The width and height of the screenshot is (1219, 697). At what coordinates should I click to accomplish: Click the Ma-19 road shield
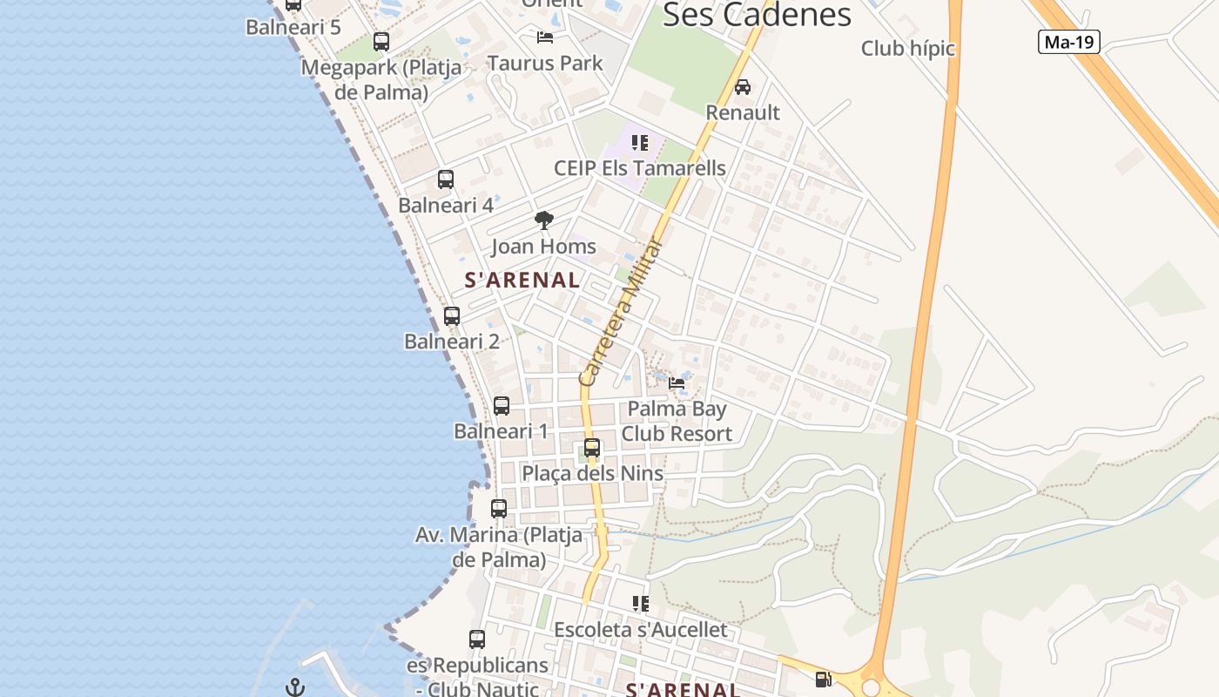point(1068,41)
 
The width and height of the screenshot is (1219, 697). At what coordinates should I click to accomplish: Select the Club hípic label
point(907,49)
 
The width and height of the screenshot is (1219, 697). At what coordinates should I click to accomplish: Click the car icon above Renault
point(743,87)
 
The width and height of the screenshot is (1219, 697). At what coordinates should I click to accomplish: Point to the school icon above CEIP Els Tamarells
point(640,143)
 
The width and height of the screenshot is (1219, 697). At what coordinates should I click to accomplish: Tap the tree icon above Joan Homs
point(544,220)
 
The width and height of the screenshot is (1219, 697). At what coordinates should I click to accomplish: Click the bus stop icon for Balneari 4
point(446,179)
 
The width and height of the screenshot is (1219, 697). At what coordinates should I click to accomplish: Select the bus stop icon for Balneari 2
point(452,316)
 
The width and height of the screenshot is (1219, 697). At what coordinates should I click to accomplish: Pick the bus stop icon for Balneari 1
point(502,405)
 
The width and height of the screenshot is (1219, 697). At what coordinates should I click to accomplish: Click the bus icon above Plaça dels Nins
point(592,448)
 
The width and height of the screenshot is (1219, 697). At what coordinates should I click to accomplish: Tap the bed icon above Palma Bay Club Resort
point(677,382)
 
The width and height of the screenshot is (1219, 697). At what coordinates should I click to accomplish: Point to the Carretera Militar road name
point(621,312)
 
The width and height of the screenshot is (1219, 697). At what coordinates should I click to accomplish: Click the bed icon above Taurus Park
point(545,37)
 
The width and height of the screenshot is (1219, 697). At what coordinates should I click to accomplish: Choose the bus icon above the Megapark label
point(381,42)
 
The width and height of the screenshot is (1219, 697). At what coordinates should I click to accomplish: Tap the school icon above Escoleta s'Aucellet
point(641,603)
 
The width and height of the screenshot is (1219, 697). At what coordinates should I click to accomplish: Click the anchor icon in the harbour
point(295,687)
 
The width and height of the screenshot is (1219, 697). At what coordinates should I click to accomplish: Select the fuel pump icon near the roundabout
point(823,680)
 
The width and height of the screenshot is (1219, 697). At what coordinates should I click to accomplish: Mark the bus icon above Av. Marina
point(499,508)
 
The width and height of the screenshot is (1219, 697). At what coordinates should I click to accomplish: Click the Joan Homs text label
point(543,247)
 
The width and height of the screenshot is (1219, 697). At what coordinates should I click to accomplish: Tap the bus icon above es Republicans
point(477,639)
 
